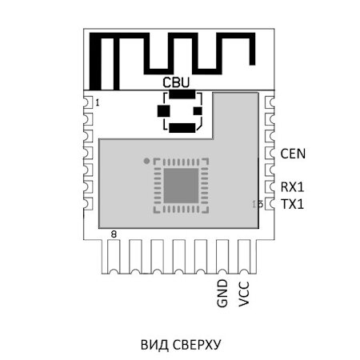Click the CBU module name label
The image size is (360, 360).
(176, 82)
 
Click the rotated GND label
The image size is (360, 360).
(222, 294)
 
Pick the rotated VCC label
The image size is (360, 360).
(245, 294)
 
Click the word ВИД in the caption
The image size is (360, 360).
(154, 345)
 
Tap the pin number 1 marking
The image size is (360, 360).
(97, 103)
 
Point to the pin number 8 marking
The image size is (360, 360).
(114, 234)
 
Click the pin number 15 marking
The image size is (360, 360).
(257, 205)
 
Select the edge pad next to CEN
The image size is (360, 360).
(270, 152)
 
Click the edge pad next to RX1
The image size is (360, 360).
(270, 187)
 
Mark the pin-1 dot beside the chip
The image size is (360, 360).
(146, 161)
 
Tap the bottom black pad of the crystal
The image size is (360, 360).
(182, 127)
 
